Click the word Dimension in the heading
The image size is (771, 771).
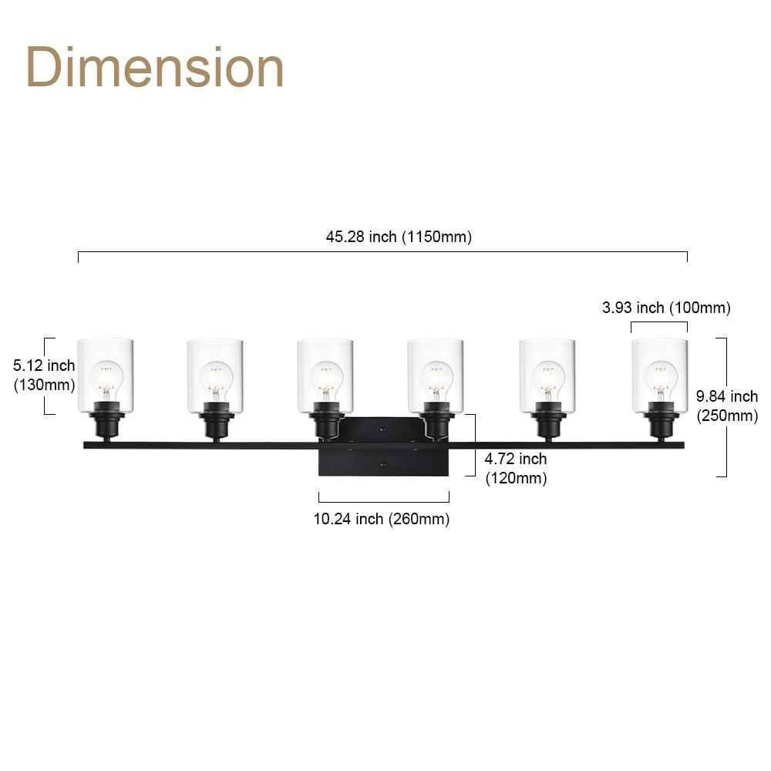(x=155, y=68)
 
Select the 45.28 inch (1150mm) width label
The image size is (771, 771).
(x=398, y=237)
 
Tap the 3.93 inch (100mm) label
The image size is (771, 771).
(x=665, y=308)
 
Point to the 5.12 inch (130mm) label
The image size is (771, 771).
(x=44, y=375)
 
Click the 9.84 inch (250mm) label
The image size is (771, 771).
(x=726, y=406)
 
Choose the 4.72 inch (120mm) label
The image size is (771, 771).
(x=515, y=468)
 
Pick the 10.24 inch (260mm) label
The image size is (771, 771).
(x=381, y=519)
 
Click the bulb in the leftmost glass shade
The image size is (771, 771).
(x=106, y=378)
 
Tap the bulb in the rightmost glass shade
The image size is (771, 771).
(x=660, y=378)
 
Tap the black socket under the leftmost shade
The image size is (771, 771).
(x=106, y=423)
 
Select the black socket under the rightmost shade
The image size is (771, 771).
(x=660, y=423)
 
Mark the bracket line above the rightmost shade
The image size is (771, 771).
(x=659, y=322)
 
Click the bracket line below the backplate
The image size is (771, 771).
(x=383, y=501)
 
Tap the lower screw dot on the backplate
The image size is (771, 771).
(x=383, y=464)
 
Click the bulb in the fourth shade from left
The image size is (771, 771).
(x=436, y=378)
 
